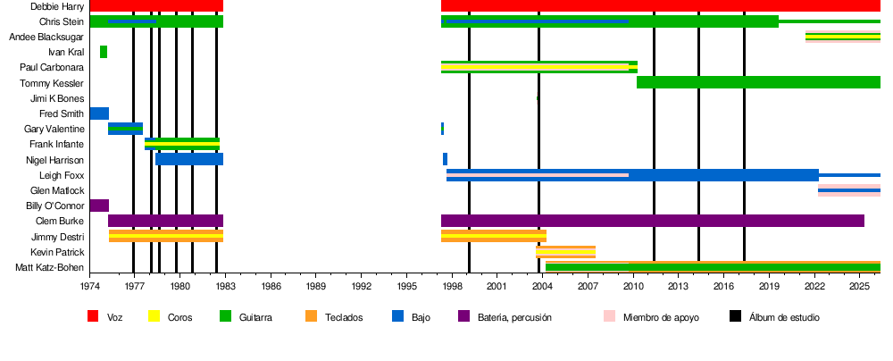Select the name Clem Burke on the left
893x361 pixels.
[x=60, y=221]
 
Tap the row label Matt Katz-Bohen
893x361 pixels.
[x=50, y=267]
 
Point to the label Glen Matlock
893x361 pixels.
[x=57, y=190]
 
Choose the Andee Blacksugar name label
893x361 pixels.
[x=46, y=37]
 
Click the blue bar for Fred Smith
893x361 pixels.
[x=99, y=113]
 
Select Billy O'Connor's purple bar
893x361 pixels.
[x=99, y=206]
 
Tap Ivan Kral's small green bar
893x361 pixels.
[x=104, y=52]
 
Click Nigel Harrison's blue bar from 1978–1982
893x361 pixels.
[x=189, y=159]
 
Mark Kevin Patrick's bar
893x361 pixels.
[x=565, y=252]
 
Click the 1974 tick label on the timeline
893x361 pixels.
[x=90, y=287]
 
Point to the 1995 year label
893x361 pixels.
[x=407, y=287]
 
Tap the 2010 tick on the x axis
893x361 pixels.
[x=633, y=287]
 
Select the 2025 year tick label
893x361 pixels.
[x=859, y=287]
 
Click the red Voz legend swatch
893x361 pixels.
[x=92, y=316]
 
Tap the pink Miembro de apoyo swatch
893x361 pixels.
[x=609, y=316]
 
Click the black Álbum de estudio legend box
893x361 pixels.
[x=735, y=316]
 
